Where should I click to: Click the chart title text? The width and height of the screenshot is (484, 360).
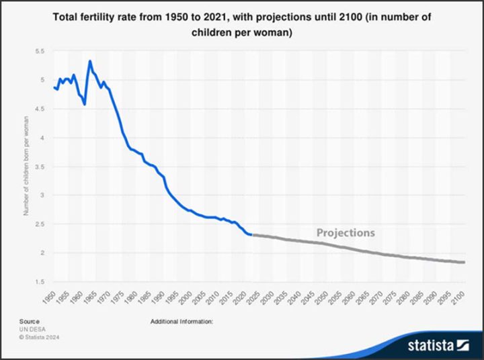point(242,24)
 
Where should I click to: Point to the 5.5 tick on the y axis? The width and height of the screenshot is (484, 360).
point(39,51)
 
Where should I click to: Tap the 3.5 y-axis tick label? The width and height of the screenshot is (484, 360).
point(39,167)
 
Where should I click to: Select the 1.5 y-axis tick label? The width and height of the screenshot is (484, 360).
point(39,282)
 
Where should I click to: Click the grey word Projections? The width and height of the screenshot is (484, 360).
point(346,233)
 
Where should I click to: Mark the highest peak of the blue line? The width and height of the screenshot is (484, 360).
point(90,61)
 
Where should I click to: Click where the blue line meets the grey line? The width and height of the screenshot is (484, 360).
point(250,234)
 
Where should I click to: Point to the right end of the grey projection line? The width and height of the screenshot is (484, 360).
point(464,262)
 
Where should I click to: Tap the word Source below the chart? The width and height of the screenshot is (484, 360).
point(28,322)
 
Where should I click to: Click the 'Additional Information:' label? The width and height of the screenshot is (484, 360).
point(182,322)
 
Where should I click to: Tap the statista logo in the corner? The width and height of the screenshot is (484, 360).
point(437,345)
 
